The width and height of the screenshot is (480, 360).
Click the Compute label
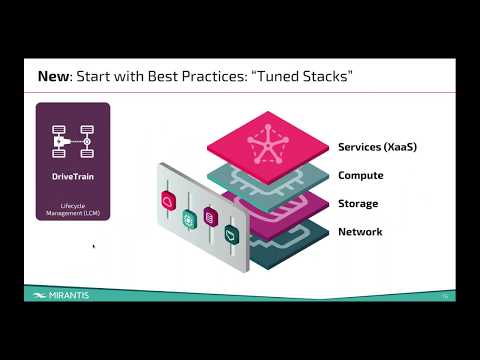[360, 176]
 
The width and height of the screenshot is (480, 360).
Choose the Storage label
[358, 204]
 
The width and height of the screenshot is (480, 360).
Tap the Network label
[360, 232]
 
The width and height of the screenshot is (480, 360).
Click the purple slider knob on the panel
[209, 216]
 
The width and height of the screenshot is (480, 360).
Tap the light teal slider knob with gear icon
[188, 219]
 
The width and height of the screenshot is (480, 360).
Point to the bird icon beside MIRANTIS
[37, 296]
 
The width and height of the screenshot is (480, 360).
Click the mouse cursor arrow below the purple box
[93, 245]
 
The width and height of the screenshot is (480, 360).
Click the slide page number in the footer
[445, 296]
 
